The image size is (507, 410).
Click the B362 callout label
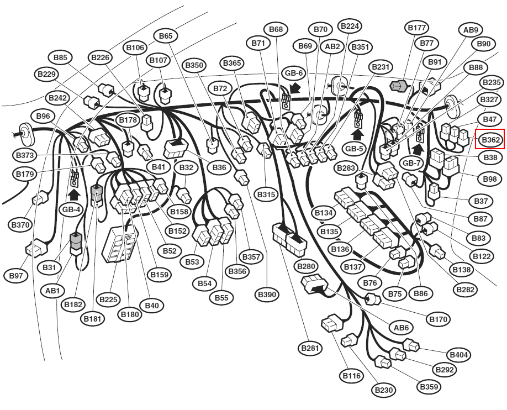pos(490,140)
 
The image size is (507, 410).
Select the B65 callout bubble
pos(166,35)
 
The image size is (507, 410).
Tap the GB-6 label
pos(294,73)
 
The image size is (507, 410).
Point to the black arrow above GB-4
pos(75,195)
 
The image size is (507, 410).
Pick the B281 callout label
pos(310,348)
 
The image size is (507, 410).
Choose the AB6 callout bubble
pos(402,328)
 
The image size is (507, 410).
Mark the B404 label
pos(459,355)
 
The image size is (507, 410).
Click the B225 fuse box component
pos(120,244)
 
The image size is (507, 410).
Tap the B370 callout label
pos(20,224)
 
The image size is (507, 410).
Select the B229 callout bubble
pos(46,74)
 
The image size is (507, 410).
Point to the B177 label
pos(417,28)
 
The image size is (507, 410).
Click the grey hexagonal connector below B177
pos(400,86)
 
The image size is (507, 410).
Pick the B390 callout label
pos(267,295)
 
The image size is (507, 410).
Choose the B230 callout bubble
pos(384,390)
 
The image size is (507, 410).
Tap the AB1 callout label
pos(52,291)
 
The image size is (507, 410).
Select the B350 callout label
pos(194,65)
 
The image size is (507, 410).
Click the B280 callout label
pos(306,266)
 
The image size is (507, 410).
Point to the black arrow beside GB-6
pos(295,87)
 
